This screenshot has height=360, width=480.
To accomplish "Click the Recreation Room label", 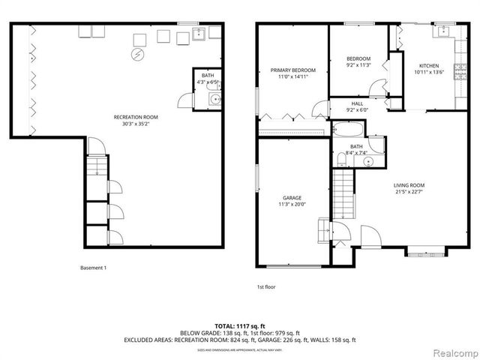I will (135, 117).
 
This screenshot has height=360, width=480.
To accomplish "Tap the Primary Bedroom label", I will (292, 70).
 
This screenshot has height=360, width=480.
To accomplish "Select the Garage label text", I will (292, 198).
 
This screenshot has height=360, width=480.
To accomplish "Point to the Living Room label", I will (409, 185).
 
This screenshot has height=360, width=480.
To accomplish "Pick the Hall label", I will (357, 103).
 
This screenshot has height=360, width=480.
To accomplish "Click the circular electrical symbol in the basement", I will (137, 55).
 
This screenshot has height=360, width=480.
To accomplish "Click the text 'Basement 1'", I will (93, 268).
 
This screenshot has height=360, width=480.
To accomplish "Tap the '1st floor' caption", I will (266, 286).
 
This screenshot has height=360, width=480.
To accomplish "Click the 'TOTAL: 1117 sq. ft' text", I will (240, 325).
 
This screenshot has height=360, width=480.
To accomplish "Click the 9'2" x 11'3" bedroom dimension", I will (358, 65).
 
